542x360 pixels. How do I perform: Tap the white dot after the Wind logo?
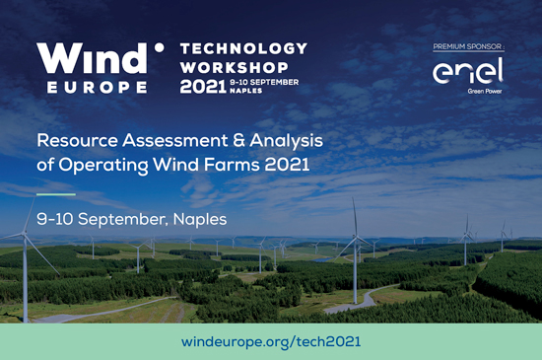click(158, 45)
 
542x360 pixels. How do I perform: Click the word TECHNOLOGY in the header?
click(244, 48)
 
